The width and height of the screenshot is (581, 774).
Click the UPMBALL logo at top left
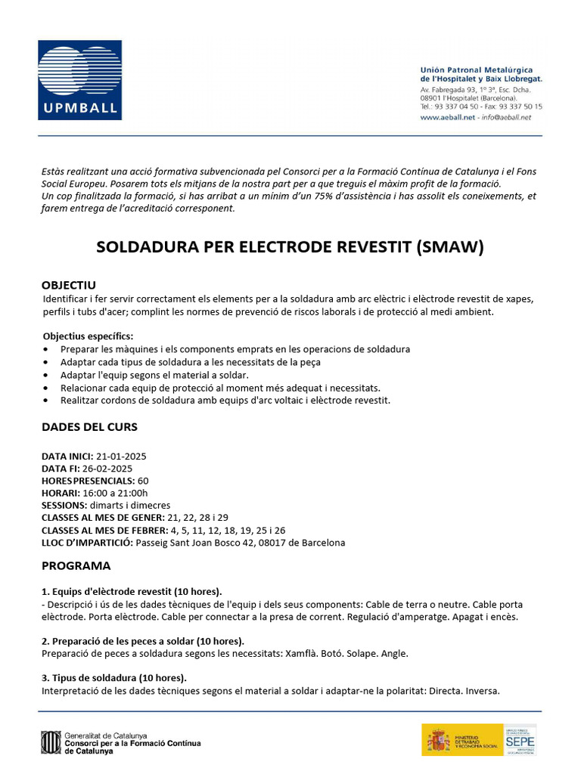pos(79,80)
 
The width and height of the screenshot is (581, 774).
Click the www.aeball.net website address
pos(446,117)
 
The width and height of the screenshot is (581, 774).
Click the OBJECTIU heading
pos(68,285)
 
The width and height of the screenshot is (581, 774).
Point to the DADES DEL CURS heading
pos(89,426)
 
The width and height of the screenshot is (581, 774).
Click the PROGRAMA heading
pos(76,565)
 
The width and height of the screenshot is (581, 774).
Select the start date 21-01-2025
pos(121,457)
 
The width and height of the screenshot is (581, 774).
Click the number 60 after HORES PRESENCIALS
pos(143,481)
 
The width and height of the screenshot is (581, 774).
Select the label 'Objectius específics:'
pos(87,336)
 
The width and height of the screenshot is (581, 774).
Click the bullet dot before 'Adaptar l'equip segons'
pos(46,375)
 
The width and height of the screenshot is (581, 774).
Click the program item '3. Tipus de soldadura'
pos(113,677)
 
